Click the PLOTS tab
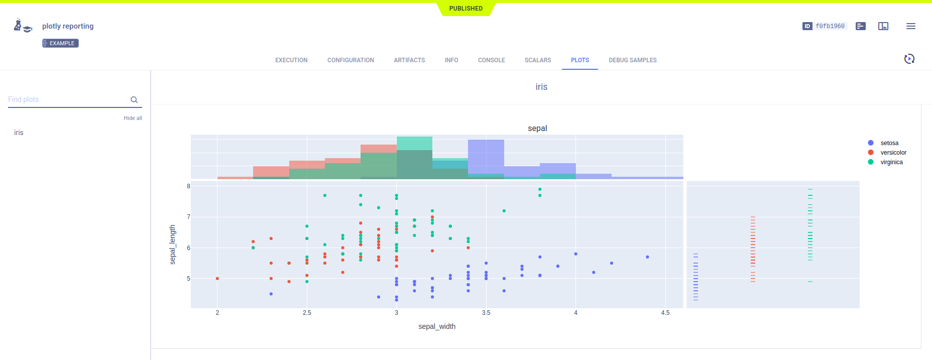579,60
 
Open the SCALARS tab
538,60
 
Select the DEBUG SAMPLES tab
632,60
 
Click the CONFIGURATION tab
351,60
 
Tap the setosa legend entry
889,143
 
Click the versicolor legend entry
893,153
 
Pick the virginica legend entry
891,162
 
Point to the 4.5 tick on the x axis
665,313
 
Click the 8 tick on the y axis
189,186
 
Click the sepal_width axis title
437,326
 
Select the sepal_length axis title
173,245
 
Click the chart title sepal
537,129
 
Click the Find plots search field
68,99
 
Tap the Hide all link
133,118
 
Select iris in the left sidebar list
19,133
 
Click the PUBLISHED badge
465,9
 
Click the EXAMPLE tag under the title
60,43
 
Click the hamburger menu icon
910,26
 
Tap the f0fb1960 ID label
830,26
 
